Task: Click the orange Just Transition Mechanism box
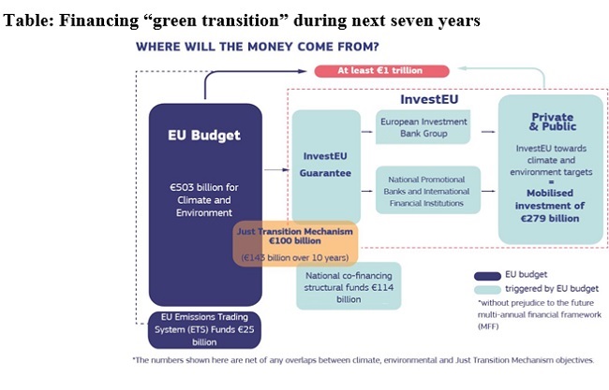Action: coord(294,243)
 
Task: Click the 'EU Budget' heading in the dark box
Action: coord(204,135)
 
